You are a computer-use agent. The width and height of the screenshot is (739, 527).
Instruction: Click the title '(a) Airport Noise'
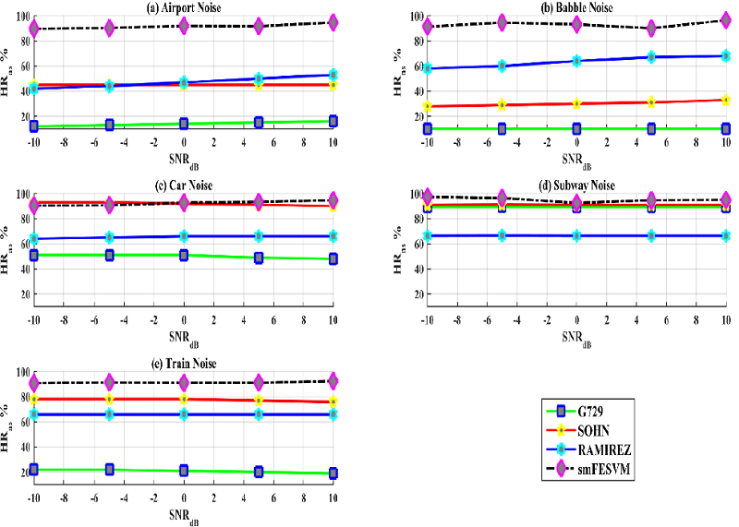184,8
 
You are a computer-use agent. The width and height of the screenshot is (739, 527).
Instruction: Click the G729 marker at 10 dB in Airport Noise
333,121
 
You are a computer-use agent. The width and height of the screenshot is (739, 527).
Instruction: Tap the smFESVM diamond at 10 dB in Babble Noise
726,19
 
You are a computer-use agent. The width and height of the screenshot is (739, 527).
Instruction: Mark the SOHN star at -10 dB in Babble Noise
427,106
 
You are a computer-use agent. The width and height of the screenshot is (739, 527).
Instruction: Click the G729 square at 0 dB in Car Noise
184,255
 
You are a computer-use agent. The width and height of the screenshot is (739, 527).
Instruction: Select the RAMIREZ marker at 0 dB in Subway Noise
576,235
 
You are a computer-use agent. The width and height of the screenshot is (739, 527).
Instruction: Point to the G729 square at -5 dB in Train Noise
109,470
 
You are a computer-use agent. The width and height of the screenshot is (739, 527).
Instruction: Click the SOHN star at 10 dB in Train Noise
333,401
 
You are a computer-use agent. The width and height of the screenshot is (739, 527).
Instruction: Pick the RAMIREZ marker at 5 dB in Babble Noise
651,57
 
